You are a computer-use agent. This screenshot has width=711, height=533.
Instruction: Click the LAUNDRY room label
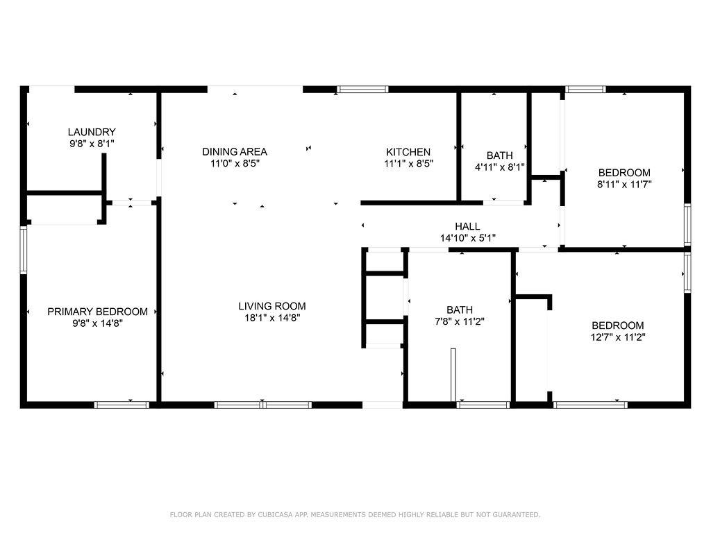(92, 132)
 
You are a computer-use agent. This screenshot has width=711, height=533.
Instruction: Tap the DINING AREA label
(235, 151)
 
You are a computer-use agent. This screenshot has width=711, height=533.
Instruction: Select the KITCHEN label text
(408, 152)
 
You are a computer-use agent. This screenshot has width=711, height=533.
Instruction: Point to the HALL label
(467, 226)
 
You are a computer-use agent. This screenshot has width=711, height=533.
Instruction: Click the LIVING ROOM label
(272, 306)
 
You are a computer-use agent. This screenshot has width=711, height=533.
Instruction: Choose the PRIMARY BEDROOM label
(97, 312)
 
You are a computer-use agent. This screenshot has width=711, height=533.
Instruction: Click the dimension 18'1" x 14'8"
(272, 318)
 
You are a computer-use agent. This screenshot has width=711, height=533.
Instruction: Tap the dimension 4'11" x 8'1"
(499, 167)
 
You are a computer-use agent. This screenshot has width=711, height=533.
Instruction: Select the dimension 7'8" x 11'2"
(460, 321)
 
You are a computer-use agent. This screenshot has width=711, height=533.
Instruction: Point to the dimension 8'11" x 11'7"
(624, 185)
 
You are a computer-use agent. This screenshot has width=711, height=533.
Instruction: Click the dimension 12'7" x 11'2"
(617, 337)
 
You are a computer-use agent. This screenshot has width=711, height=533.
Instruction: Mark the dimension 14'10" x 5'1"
(467, 238)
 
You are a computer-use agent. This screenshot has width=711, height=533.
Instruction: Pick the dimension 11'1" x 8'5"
(408, 164)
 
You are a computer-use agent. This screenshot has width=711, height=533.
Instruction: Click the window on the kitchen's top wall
(362, 89)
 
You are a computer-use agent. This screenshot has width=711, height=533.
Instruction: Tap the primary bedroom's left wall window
(23, 250)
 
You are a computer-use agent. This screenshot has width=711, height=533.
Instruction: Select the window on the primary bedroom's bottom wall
(122, 405)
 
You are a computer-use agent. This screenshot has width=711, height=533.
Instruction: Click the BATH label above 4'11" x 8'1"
(499, 155)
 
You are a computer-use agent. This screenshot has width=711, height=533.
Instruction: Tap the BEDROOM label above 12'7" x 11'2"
(617, 325)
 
